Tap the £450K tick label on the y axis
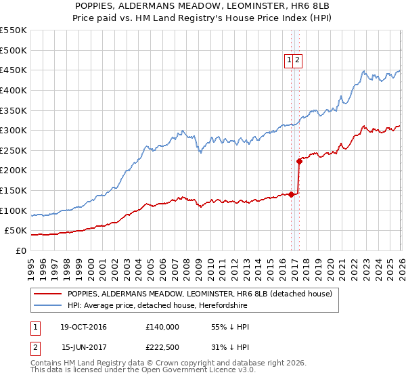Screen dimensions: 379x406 click(x=14, y=70)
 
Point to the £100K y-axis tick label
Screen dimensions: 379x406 click(x=14, y=210)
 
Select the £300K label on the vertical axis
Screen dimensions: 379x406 click(x=14, y=130)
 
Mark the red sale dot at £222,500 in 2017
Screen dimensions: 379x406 click(x=299, y=161)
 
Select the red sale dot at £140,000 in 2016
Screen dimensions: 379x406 click(x=292, y=194)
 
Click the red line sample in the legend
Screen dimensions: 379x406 click(x=48, y=294)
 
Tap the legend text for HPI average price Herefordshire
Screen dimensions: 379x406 click(x=158, y=306)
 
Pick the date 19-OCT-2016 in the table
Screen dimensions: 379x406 click(x=83, y=327)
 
